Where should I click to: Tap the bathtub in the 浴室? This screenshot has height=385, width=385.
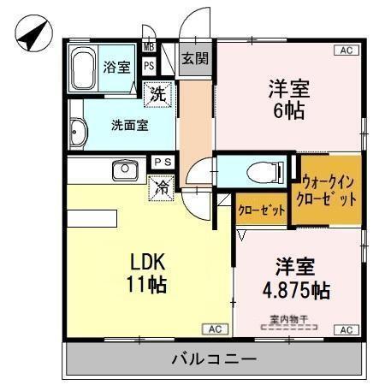pyautogui.click(x=85, y=66)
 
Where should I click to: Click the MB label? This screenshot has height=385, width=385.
pyautogui.click(x=149, y=47)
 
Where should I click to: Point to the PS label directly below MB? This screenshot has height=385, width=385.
pyautogui.click(x=149, y=65)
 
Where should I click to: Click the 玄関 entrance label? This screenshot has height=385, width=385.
pyautogui.click(x=192, y=59)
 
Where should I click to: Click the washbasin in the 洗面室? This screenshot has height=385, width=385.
pyautogui.click(x=78, y=132)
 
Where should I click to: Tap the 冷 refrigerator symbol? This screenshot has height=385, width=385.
pyautogui.click(x=160, y=187)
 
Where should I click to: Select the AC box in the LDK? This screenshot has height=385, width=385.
pyautogui.click(x=216, y=329)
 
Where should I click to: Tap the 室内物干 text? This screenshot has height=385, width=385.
pyautogui.click(x=288, y=320)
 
